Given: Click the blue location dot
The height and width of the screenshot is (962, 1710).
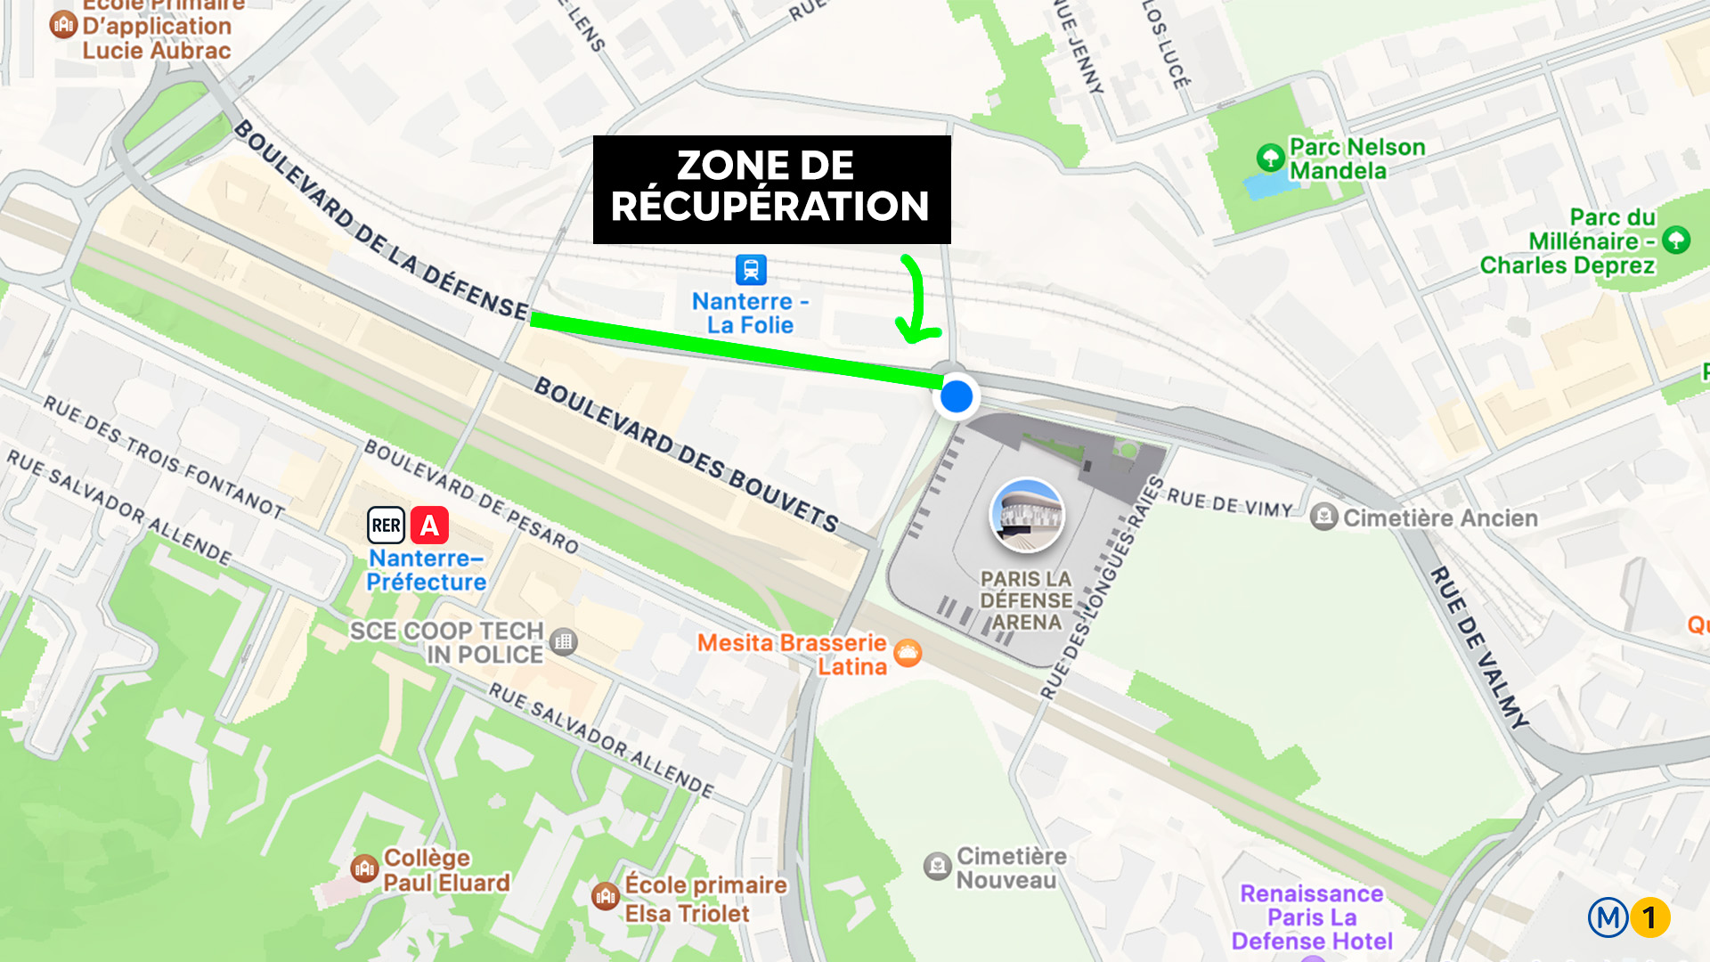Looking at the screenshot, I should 957,396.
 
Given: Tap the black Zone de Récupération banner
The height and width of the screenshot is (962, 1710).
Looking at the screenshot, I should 771,189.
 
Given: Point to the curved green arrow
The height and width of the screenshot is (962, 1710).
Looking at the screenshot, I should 916,299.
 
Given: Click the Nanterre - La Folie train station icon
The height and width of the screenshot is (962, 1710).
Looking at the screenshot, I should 750,269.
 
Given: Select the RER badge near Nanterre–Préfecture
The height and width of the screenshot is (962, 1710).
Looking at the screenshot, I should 387,526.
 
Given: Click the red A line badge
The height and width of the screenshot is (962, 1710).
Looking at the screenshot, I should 429,526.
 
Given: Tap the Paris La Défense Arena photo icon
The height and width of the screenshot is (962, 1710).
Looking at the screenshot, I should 1027,516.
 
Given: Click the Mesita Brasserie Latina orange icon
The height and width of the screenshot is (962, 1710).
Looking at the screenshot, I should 908,654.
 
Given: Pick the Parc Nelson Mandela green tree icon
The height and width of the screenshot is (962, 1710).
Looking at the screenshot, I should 1269,159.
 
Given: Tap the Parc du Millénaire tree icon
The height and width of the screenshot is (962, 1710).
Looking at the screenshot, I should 1676,240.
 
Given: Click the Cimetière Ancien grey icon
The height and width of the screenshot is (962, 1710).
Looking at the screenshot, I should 1323,517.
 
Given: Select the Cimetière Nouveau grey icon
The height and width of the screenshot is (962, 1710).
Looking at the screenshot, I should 937,866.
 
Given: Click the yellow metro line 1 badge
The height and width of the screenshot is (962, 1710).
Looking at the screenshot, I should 1649,917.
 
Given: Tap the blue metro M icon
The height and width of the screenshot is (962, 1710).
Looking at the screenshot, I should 1608,917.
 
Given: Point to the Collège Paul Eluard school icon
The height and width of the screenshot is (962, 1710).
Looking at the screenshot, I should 364,868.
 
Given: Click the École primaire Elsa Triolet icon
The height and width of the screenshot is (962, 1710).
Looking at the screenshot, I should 606,896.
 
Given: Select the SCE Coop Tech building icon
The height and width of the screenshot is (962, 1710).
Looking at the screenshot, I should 563,641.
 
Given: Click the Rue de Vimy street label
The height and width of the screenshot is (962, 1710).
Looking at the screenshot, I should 1229,503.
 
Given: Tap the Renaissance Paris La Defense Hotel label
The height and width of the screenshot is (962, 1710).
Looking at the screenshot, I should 1312,917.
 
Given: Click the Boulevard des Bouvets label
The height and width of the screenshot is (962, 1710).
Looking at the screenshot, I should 686,454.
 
